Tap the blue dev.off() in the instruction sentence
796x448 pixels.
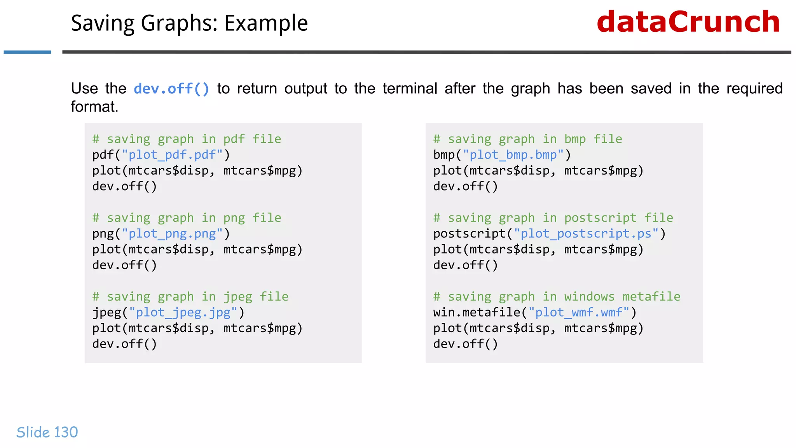pos(171,89)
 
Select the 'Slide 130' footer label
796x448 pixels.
pos(47,432)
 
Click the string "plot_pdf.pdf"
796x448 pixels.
pos(172,155)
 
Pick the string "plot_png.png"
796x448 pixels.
pos(172,234)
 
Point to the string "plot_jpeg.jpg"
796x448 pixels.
pos(183,312)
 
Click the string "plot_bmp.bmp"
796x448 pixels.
pos(513,155)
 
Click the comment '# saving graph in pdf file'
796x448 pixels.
pos(187,139)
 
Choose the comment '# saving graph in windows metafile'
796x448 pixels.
pos(557,296)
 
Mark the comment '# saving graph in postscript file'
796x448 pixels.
pos(553,218)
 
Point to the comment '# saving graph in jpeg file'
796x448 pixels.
pos(190,296)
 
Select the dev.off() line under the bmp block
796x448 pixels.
pos(465,186)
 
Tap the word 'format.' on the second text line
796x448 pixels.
pos(94,107)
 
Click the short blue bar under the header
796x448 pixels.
pos(27,52)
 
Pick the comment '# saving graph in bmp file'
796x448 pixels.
pos(527,139)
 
